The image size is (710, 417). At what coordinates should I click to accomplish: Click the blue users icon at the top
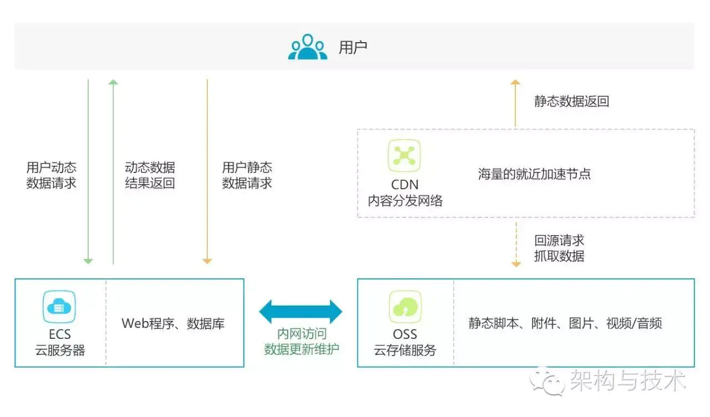[x=307, y=47]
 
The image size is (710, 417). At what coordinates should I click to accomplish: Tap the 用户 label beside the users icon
[x=353, y=48]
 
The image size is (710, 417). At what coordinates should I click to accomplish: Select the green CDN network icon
[x=404, y=156]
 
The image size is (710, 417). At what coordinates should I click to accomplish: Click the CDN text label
[x=404, y=185]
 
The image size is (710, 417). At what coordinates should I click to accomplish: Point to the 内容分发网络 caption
[x=405, y=201]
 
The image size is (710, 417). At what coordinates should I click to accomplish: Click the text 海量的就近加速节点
[x=534, y=174]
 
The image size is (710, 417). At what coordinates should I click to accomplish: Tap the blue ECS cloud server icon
[x=59, y=307]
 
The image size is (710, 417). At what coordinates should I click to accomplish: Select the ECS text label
[x=59, y=334]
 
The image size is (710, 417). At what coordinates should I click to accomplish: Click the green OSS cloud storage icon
[x=405, y=307]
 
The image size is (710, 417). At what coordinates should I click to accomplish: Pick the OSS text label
[x=405, y=334]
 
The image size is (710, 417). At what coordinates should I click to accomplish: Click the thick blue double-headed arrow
[x=301, y=312]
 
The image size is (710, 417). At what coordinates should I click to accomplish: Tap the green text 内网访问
[x=301, y=334]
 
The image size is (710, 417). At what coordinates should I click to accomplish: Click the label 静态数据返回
[x=571, y=101]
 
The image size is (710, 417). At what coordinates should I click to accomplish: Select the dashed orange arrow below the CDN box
[x=516, y=245]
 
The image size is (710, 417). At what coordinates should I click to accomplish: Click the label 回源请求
[x=559, y=241]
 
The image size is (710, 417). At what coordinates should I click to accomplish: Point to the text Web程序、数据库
[x=173, y=323]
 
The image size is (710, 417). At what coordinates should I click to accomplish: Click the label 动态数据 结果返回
[x=150, y=175]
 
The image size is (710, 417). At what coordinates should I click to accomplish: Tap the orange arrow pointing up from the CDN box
[x=515, y=103]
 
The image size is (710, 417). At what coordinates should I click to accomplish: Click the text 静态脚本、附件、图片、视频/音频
[x=565, y=323]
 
